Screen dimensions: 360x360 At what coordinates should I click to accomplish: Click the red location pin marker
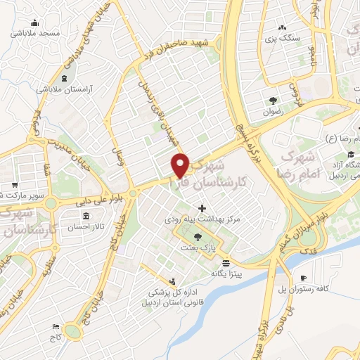pyautogui.click(x=181, y=165)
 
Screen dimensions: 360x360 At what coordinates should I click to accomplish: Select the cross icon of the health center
pyautogui.click(x=203, y=208)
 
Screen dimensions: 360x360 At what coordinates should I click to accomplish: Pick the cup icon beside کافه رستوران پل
pyautogui.click(x=303, y=278)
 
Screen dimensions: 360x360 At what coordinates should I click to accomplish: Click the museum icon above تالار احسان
pyautogui.click(x=86, y=216)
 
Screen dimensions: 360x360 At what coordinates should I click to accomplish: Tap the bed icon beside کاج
pyautogui.click(x=56, y=327)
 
